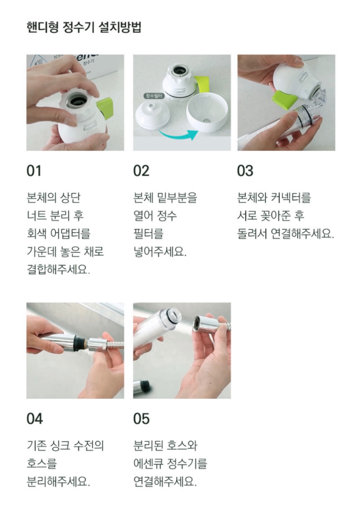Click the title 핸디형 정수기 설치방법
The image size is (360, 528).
84,27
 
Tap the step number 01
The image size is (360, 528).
34,171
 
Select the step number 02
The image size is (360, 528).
142,171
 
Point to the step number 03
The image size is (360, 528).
245,171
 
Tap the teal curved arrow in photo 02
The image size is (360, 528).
179,136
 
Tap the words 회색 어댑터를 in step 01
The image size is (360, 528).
59,234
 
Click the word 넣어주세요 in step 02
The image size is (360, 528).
160,252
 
